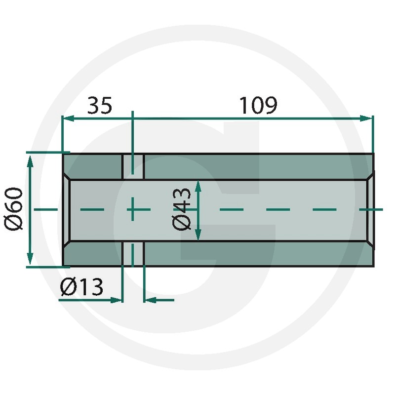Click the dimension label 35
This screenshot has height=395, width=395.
[100, 105]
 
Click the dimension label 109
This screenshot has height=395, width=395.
[258, 105]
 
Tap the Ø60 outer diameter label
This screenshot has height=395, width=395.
[14, 208]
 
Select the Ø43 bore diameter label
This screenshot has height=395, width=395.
[181, 209]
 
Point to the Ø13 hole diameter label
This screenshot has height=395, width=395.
[81, 287]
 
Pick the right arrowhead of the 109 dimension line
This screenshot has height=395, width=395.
[366, 118]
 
